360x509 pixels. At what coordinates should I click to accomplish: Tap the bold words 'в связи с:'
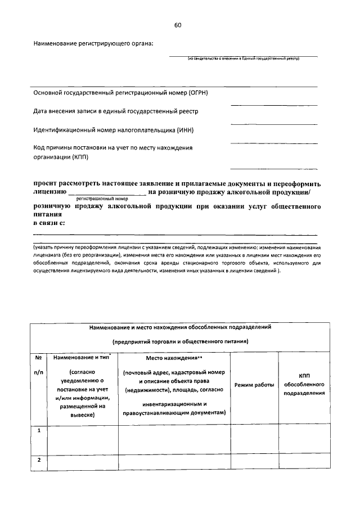pyautogui.click(x=49, y=223)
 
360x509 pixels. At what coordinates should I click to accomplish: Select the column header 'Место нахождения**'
pyautogui.click(x=174, y=358)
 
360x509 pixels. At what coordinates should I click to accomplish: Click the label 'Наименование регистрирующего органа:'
pyautogui.click(x=93, y=43)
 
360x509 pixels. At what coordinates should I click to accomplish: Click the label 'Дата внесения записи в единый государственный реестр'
pyautogui.click(x=116, y=111)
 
